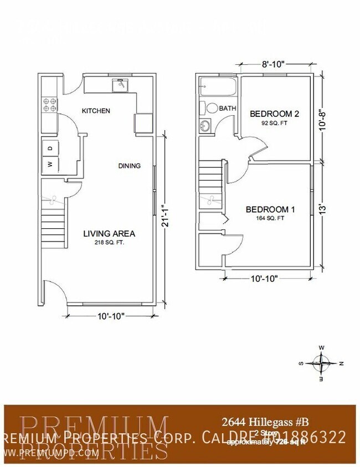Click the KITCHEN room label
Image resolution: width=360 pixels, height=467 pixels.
tap(96, 111)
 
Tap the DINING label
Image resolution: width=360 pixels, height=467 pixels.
tap(129, 166)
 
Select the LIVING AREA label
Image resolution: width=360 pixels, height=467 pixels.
tap(109, 234)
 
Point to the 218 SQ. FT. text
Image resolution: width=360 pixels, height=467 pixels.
tap(109, 243)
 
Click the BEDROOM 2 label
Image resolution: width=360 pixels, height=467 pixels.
tap(274, 114)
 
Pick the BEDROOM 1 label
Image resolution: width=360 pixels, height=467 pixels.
tap(270, 209)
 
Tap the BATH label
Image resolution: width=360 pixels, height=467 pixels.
tap(227, 109)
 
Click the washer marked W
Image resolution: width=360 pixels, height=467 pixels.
tap(50, 165)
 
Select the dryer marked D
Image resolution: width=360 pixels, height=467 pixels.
tap(50, 148)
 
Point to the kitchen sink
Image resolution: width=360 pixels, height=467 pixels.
tap(120, 86)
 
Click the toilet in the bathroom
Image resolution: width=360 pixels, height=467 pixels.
tap(209, 107)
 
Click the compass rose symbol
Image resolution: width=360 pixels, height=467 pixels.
tap(321, 363)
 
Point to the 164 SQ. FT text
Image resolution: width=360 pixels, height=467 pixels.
tap(270, 218)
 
